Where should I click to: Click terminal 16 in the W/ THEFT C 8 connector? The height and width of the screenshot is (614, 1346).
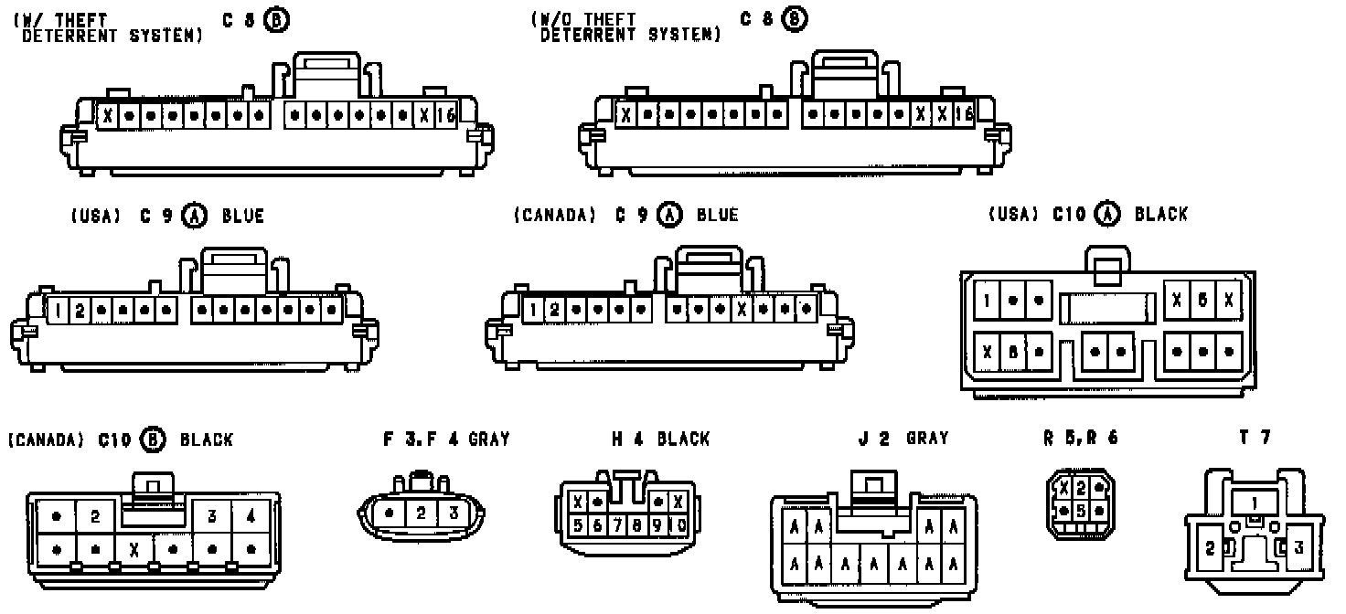(445, 116)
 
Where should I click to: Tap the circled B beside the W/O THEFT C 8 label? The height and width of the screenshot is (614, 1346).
(796, 18)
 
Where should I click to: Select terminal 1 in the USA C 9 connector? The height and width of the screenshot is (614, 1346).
(59, 311)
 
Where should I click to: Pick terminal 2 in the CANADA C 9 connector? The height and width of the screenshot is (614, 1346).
(554, 310)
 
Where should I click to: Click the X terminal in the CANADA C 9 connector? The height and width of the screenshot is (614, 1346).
(742, 310)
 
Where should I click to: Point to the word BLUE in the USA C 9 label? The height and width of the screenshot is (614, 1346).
(242, 216)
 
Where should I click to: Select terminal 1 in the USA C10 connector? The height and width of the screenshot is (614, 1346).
(988, 300)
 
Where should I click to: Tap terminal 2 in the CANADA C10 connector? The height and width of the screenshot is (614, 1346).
(95, 516)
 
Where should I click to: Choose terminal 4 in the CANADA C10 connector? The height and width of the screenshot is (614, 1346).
(251, 516)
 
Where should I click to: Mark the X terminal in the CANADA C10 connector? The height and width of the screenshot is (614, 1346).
(134, 550)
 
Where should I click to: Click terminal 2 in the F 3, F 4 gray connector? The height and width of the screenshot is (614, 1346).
(422, 513)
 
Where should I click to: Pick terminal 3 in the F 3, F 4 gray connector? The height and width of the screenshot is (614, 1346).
(452, 513)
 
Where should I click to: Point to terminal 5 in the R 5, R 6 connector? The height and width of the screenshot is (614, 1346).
(1080, 511)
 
